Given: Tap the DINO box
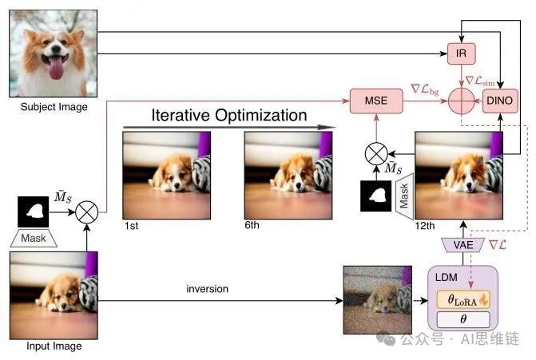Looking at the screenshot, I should click(x=499, y=101).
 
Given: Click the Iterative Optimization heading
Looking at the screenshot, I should click(x=228, y=115).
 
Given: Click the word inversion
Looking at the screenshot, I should click(x=206, y=288).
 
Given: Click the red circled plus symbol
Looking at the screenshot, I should click(x=461, y=102).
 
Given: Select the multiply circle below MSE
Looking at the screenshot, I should click(x=376, y=152).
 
